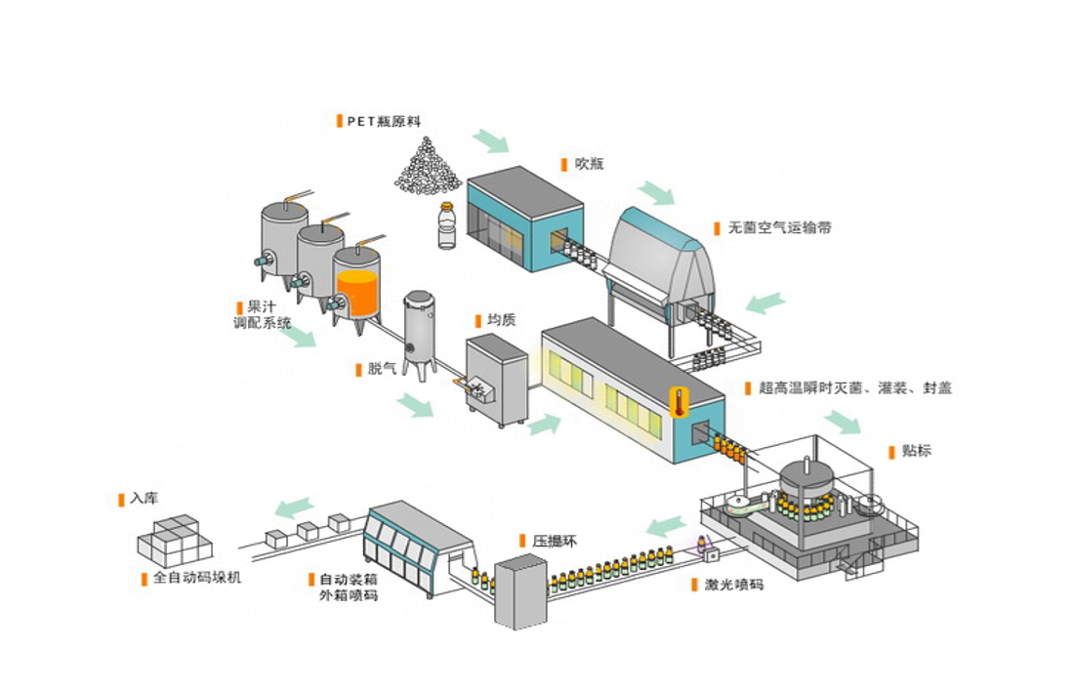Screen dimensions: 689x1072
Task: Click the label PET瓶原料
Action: click(x=383, y=122)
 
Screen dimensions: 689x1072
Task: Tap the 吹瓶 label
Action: click(x=589, y=164)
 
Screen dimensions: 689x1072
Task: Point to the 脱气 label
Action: click(x=382, y=369)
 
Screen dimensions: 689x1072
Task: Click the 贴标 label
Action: click(x=916, y=451)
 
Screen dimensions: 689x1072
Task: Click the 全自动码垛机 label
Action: click(x=196, y=578)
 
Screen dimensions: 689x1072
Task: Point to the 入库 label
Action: click(x=143, y=499)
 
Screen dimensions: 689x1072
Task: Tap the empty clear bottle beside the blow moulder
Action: click(x=446, y=226)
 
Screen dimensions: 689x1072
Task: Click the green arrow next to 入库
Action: click(x=293, y=507)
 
